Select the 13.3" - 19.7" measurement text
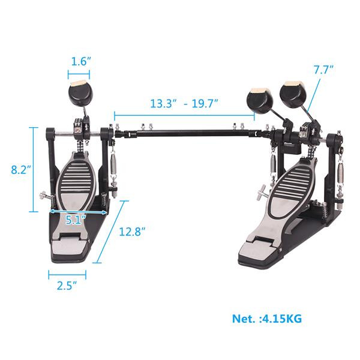(184, 103)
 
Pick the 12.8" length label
(131, 231)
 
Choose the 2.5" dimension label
(67, 286)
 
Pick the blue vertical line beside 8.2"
(32, 170)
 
